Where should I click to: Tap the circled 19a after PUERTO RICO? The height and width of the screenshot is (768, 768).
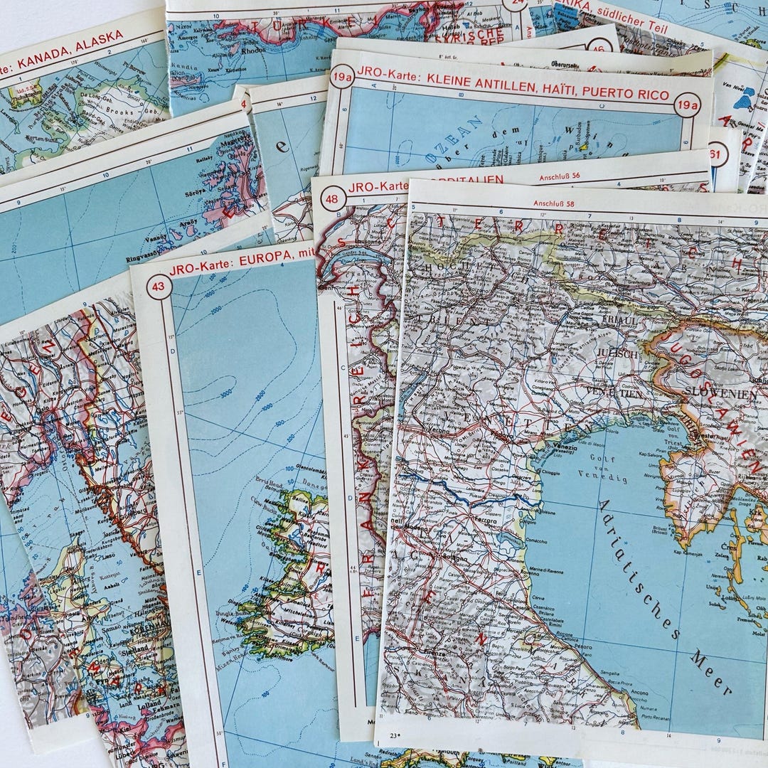point(687,105)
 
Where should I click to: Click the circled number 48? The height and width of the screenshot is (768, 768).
point(332,198)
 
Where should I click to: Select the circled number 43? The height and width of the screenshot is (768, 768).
point(159,287)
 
